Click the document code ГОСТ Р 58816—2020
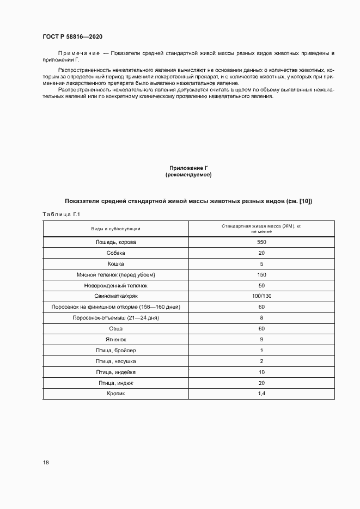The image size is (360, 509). tap(72, 36)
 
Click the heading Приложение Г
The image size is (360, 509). tap(188, 169)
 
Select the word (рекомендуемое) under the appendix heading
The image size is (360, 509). tap(188, 175)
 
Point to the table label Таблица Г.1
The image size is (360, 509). tap(61, 214)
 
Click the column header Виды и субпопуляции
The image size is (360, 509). tap(115, 229)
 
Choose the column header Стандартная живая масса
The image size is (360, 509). tap(261, 226)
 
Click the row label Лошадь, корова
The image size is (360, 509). tap(115, 242)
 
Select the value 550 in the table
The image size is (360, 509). tap(261, 242)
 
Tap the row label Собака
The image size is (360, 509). tap(115, 253)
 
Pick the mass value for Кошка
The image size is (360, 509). tap(261, 263)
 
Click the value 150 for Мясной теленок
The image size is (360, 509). tap(261, 274)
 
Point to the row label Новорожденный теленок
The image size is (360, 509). tap(115, 285)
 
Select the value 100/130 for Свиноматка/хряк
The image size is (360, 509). tap(261, 296)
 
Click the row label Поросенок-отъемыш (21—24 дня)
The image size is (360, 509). tap(115, 317)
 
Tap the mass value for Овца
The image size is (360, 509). tap(261, 328)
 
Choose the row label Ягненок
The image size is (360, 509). tap(115, 339)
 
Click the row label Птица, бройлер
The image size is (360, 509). tap(115, 350)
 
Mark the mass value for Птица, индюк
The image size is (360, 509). tap(261, 383)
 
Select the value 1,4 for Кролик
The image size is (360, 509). tap(261, 394)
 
